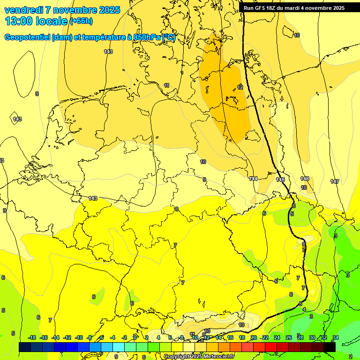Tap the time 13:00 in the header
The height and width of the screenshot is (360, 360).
coord(21,21)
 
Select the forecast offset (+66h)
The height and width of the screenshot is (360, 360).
coord(81,21)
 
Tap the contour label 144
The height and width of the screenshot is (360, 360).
coord(254,179)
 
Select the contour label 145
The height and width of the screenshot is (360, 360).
coord(281,180)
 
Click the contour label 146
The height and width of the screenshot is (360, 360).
coord(305,179)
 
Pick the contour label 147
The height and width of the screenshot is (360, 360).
coord(334,181)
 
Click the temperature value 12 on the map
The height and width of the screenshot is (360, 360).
coord(240,87)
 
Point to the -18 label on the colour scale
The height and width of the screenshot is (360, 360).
coord(32,337)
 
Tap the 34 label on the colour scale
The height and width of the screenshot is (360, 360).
coord(336,337)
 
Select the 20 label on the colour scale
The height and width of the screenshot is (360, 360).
coord(254,337)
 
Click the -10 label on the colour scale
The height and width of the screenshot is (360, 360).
coord(79,337)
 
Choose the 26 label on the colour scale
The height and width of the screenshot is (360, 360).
coord(289,337)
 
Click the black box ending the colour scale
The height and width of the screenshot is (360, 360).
coord(330,347)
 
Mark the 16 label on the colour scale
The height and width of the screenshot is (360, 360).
coord(230,337)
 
